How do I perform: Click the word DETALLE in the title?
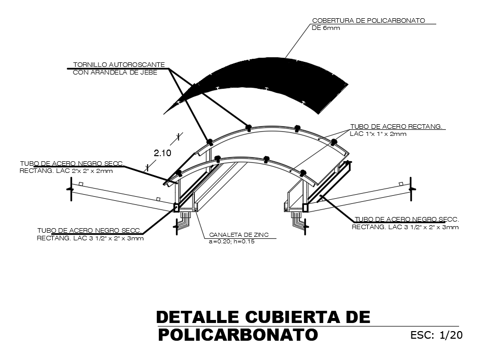(x=198, y=317)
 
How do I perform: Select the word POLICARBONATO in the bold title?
(x=238, y=335)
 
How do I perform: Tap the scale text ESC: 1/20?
(x=436, y=335)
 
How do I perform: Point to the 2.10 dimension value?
(x=162, y=153)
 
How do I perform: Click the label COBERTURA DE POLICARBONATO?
(x=368, y=21)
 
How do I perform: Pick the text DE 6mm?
(x=326, y=28)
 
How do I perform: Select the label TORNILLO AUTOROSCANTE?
(x=119, y=65)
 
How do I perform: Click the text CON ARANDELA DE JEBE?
(x=115, y=73)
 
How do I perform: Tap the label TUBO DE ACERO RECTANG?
(x=396, y=126)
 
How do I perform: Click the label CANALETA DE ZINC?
(x=239, y=235)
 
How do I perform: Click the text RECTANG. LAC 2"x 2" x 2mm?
(x=66, y=171)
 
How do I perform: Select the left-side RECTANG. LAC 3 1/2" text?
(x=90, y=238)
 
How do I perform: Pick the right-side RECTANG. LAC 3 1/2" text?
(x=405, y=227)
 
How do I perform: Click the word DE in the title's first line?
(x=358, y=317)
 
